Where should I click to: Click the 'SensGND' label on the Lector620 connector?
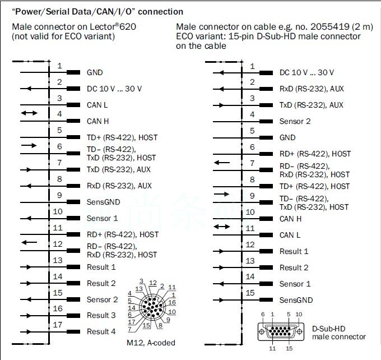[103, 202]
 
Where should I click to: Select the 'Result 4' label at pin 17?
[101, 331]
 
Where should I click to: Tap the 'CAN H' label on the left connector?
[97, 121]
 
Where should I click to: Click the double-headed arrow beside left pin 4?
[30, 113]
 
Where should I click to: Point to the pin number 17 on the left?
[58, 325]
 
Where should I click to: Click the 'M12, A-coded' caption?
[151, 343]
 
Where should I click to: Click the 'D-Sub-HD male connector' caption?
[338, 333]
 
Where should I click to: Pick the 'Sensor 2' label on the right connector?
[295, 121]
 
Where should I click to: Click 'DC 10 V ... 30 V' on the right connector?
[306, 72]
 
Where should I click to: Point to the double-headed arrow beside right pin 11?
[222, 227]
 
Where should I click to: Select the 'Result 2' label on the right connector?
[294, 267]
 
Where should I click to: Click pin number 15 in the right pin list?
[250, 293]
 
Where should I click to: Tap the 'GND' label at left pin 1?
[95, 72]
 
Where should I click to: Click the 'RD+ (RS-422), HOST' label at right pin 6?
[315, 154]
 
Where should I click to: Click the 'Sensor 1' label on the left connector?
[102, 218]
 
